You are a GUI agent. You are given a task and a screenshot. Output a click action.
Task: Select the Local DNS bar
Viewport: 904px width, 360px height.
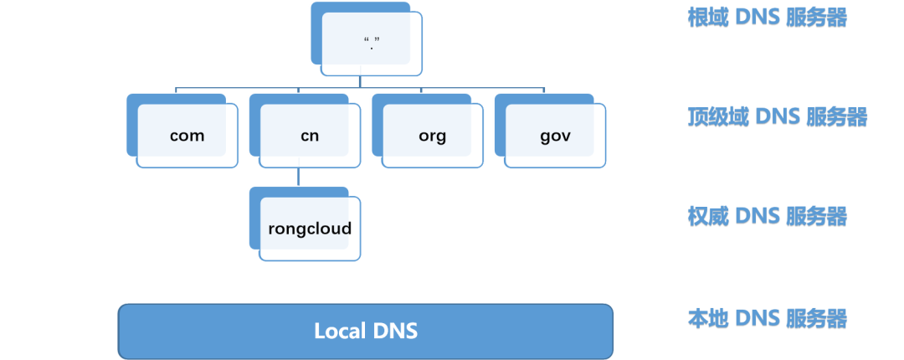pyautogui.click(x=366, y=331)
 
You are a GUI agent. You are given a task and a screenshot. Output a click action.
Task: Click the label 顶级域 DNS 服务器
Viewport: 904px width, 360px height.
pyautogui.click(x=777, y=116)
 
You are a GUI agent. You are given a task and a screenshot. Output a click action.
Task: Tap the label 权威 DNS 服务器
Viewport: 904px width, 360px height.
pyautogui.click(x=767, y=216)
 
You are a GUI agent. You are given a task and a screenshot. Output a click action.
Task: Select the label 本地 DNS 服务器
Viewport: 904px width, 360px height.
pyautogui.click(x=767, y=318)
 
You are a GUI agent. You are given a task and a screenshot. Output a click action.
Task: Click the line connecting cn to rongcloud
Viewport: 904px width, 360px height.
pyautogui.click(x=299, y=177)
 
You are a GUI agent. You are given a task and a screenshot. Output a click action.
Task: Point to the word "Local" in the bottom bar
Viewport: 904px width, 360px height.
pyautogui.click(x=338, y=331)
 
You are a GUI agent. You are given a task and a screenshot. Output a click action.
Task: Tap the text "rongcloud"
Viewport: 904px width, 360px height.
pyautogui.click(x=310, y=229)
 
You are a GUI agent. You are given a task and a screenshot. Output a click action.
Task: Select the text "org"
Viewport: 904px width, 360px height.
pyautogui.click(x=433, y=136)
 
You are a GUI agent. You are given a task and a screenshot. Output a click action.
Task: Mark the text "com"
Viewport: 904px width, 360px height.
pyautogui.click(x=187, y=136)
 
